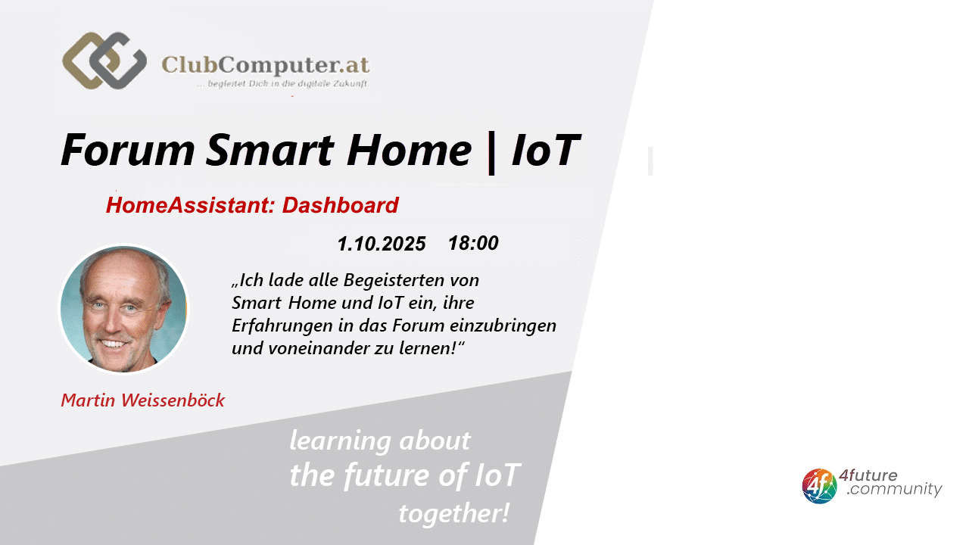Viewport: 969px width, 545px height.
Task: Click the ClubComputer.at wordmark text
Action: click(266, 65)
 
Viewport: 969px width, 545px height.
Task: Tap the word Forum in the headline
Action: click(128, 150)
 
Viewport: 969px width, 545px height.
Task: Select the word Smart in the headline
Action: click(270, 150)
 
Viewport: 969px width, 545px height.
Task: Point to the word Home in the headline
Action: click(409, 150)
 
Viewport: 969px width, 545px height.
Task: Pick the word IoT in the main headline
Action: click(546, 150)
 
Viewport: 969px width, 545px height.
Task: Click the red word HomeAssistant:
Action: click(191, 205)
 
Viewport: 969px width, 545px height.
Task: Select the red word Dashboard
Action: click(341, 205)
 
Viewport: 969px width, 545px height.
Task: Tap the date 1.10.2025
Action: click(382, 244)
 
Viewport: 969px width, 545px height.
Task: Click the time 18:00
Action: click(473, 243)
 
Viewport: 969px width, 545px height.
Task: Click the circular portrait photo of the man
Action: click(123, 309)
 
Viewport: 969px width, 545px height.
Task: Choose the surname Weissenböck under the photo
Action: click(173, 400)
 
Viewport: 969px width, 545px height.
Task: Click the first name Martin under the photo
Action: click(89, 400)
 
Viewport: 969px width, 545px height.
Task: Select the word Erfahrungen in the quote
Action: click(282, 326)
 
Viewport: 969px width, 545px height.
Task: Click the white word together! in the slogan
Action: click(453, 514)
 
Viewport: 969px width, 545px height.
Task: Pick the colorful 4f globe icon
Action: click(819, 486)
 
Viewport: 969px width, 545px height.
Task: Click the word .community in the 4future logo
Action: click(894, 489)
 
